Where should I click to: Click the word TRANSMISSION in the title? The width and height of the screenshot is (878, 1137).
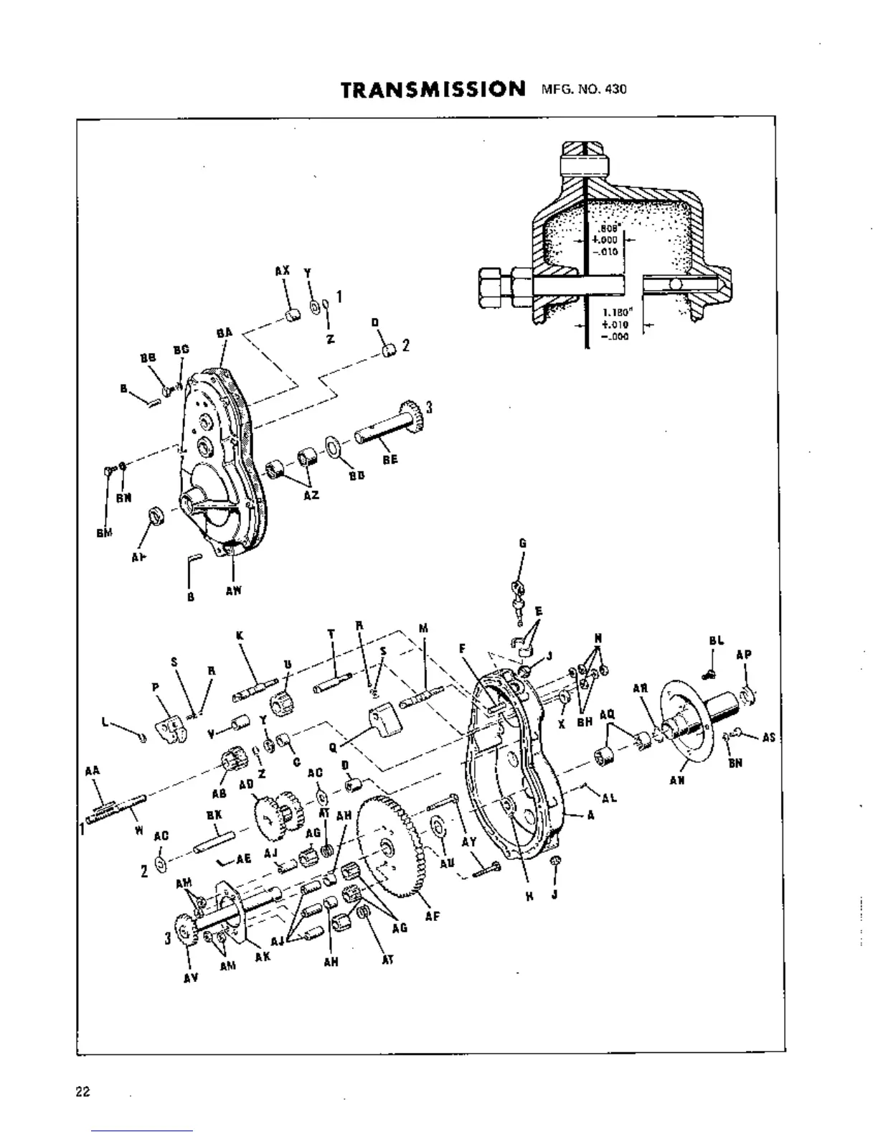point(433,90)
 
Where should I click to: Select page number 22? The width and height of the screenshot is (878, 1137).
point(82,1092)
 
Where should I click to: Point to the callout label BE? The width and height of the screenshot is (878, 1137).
point(390,459)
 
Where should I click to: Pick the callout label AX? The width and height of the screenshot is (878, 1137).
point(282,271)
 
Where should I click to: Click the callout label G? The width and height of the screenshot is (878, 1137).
point(522,544)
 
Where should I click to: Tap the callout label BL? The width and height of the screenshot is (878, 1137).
point(716,641)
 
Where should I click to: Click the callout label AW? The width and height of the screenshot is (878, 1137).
point(234,591)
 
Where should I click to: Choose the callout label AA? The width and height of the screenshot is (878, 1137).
point(92,770)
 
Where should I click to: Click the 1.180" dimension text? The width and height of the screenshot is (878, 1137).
point(615,313)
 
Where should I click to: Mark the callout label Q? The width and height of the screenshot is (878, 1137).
point(332,746)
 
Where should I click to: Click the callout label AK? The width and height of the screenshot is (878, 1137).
point(263,957)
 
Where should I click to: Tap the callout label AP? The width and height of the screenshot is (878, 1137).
point(744,655)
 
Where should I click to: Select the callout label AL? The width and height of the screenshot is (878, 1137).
point(610,797)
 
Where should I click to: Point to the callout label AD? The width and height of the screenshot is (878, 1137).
point(246,784)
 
